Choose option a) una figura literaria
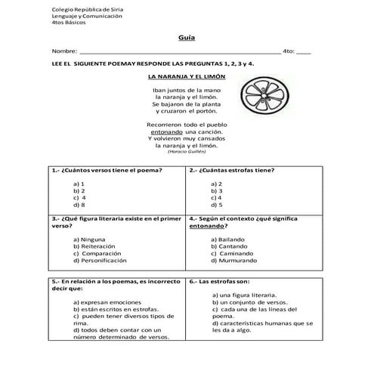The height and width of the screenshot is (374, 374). click(247, 295)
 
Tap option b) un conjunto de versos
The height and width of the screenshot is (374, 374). click(250, 302)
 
